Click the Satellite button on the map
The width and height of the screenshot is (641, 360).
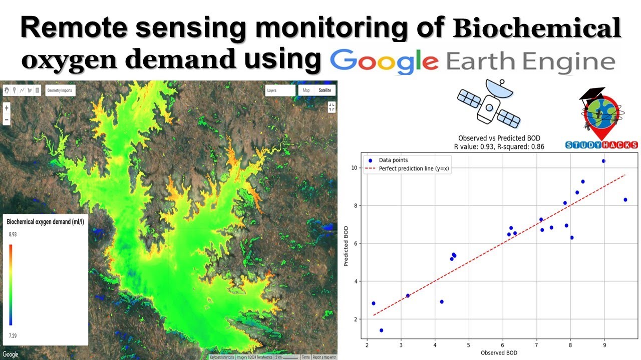click(x=325, y=90)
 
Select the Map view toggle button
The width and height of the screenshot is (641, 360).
click(x=306, y=90)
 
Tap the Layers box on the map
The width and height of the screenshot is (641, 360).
click(x=280, y=90)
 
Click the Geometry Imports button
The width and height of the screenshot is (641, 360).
click(x=60, y=90)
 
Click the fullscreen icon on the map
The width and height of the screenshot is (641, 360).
click(x=332, y=107)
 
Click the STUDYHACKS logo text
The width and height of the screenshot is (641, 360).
click(x=601, y=145)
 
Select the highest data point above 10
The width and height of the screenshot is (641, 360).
click(x=603, y=161)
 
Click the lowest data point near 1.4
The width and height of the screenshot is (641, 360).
click(x=382, y=330)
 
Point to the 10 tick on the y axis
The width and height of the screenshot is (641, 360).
click(x=354, y=167)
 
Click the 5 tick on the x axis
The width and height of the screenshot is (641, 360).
click(x=468, y=345)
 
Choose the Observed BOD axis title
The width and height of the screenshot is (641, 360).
click(x=499, y=353)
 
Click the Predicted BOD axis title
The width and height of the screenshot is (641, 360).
click(x=347, y=245)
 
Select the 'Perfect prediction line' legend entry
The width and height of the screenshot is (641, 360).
click(x=414, y=168)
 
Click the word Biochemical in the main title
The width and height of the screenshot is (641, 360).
click(x=537, y=29)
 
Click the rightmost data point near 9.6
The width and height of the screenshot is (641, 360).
click(x=625, y=199)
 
